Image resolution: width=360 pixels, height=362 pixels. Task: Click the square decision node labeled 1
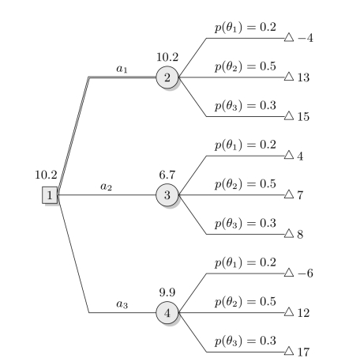(50, 195)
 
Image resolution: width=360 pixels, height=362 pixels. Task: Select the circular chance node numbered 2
(167, 77)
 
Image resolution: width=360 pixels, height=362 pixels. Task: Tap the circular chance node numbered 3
(167, 195)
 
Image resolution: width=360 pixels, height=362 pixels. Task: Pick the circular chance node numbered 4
(167, 313)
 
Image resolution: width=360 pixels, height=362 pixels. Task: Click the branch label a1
(122, 69)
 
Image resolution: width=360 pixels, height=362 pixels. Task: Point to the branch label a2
(106, 187)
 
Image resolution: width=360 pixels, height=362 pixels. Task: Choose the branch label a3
(122, 304)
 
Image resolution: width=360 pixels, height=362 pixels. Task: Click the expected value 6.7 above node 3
(167, 175)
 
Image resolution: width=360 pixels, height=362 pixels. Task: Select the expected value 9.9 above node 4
(167, 292)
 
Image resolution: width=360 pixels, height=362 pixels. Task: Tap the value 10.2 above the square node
(46, 175)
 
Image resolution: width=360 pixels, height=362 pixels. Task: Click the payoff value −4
(306, 38)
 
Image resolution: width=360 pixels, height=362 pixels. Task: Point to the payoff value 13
(303, 77)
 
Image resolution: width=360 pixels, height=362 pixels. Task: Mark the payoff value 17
(303, 353)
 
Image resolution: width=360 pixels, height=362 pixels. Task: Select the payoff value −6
(306, 273)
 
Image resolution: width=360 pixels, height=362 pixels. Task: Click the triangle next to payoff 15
(289, 115)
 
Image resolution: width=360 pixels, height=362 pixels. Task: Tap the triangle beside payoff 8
(289, 233)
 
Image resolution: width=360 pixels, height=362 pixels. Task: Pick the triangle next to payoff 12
(289, 311)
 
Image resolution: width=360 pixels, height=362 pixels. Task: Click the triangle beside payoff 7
(289, 194)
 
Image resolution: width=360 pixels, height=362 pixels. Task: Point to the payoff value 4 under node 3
(300, 156)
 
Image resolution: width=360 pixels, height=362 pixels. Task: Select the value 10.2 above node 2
(167, 57)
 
